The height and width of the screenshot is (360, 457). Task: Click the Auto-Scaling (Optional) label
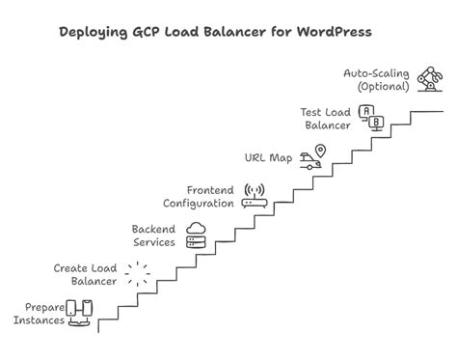tap(377, 79)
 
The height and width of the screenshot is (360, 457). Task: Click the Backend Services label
tap(153, 235)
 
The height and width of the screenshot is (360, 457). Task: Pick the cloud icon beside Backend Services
tap(197, 233)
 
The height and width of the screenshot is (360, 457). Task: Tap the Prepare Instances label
tap(39, 313)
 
